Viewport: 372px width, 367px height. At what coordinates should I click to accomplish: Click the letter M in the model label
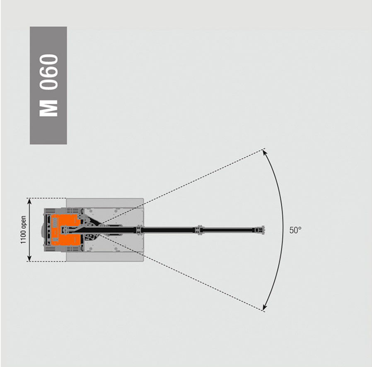coord(48,109)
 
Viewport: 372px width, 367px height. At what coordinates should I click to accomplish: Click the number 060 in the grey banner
coord(49,72)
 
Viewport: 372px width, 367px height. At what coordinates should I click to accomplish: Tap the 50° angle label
coord(295,230)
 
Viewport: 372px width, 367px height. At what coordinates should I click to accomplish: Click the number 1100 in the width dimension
coord(23,236)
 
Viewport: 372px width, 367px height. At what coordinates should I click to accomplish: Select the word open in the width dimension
coord(23,222)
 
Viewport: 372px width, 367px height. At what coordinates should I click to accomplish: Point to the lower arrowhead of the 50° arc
coord(264,307)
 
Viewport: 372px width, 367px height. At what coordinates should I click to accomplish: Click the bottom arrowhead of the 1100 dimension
coord(29,258)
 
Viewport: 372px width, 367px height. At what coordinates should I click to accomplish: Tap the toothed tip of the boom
coord(262,230)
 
